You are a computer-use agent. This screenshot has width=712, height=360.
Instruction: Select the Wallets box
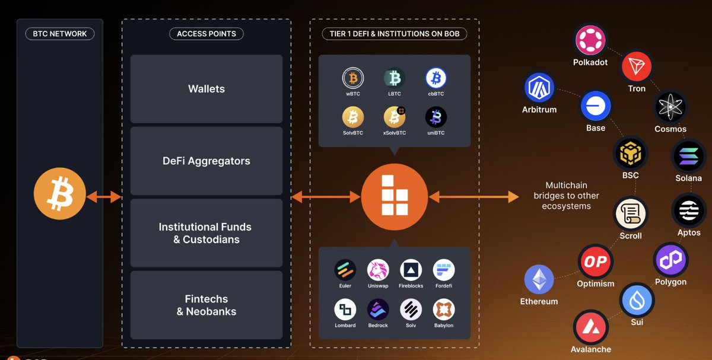coord(206,89)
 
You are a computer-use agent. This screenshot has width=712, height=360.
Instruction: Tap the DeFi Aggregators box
coord(206,161)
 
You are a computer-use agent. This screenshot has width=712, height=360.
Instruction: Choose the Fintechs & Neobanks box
coord(206,305)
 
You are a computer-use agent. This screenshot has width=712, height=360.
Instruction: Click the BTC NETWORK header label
coord(60,34)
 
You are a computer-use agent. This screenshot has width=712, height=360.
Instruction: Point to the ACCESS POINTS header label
coord(206,34)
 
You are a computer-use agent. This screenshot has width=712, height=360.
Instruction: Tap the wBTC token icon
coord(353,78)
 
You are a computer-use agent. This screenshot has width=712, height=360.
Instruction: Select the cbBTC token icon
coord(436,78)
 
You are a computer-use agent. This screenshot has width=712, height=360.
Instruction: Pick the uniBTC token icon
coord(436,117)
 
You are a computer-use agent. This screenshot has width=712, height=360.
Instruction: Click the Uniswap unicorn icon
coord(378,270)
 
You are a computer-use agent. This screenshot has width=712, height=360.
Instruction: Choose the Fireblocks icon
coord(411,270)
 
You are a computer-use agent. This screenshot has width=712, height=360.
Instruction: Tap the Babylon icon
coord(443,310)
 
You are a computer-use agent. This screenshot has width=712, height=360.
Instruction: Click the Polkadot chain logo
coord(590,41)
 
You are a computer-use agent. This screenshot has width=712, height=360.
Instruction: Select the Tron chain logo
coord(636,66)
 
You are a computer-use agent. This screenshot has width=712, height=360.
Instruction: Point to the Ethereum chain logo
coord(539,279)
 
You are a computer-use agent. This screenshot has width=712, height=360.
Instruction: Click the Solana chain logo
coord(688,156)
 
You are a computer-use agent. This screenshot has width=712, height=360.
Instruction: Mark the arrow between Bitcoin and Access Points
coord(104,197)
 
